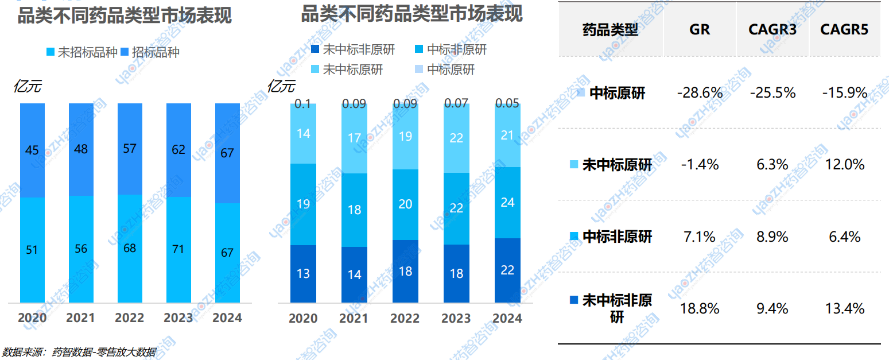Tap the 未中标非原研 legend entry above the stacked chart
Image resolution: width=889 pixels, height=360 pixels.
click(x=352, y=50)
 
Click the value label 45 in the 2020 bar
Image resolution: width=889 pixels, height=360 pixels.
click(x=32, y=150)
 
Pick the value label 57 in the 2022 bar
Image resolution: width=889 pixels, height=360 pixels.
click(x=130, y=149)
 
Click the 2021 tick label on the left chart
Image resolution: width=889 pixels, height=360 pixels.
click(x=80, y=318)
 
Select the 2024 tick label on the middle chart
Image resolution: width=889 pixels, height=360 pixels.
click(x=507, y=318)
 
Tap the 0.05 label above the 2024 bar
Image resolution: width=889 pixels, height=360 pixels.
click(x=507, y=103)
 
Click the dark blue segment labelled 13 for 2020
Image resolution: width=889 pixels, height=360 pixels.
click(x=303, y=273)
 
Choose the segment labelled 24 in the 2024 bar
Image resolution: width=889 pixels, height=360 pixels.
click(x=507, y=202)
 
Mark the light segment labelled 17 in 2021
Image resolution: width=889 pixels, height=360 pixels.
click(x=354, y=138)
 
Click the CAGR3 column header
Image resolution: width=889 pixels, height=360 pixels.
click(x=772, y=29)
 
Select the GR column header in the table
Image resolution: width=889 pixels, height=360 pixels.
click(x=700, y=29)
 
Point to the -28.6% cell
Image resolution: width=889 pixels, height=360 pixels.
click(x=700, y=92)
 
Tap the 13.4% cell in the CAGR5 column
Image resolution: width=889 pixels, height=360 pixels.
click(x=845, y=308)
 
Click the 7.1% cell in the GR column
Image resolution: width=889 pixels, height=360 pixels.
click(x=700, y=237)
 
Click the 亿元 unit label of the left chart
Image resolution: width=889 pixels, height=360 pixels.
click(x=27, y=87)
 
